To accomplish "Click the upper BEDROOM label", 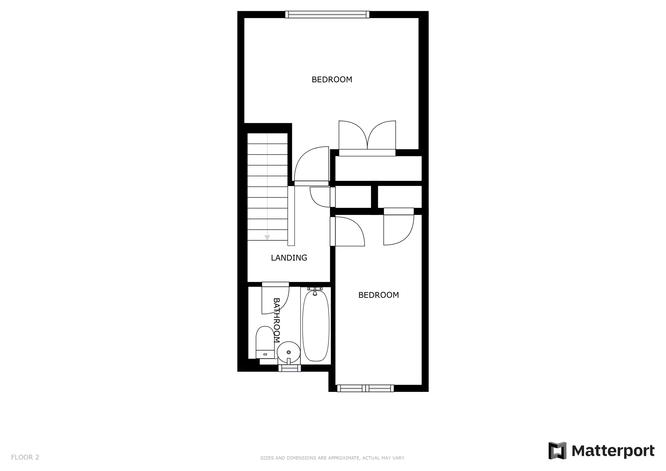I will tap(332, 79).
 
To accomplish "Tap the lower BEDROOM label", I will tap(378, 295).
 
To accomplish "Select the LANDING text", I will tap(289, 258).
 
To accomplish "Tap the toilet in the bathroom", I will tap(265, 342).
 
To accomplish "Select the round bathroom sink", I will tap(288, 352).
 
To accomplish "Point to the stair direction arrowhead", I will tap(267, 237).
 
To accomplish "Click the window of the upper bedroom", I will tap(327, 14).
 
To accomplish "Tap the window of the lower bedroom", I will tap(365, 388).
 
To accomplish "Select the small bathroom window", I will tap(289, 368).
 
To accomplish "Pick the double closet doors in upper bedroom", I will tap(367, 136).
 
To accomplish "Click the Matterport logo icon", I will tap(557, 451).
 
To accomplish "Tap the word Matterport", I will tap(613, 451).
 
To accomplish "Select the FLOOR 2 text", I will tap(25, 457).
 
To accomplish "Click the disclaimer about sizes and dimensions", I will tap(332, 458).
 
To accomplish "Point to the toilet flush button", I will tap(265, 354).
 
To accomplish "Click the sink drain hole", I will tap(288, 352).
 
